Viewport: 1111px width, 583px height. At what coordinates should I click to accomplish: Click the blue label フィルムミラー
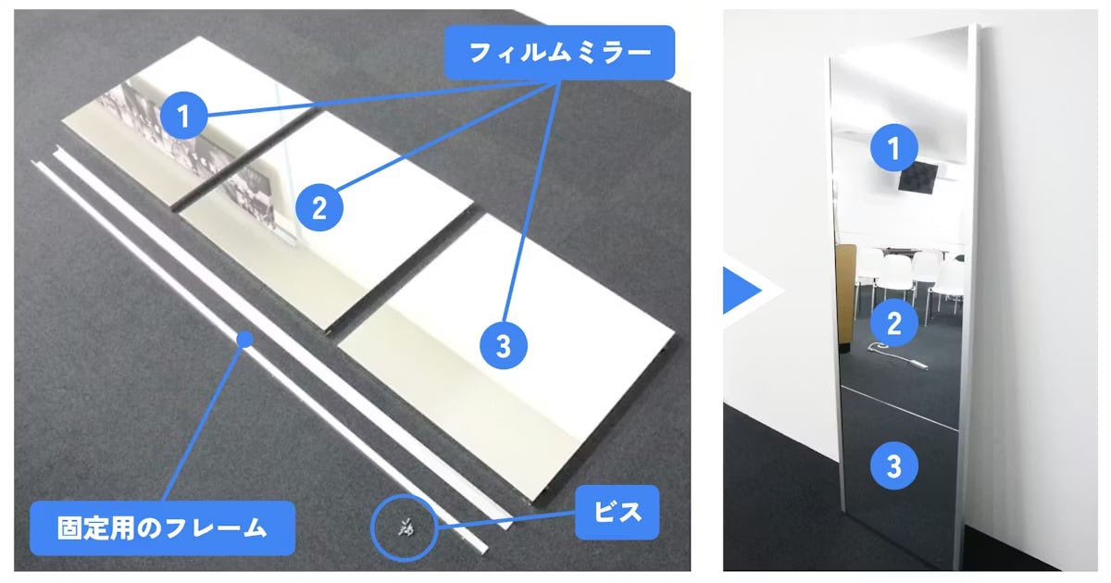(560, 51)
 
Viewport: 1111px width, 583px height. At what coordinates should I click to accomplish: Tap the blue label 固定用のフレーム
(162, 528)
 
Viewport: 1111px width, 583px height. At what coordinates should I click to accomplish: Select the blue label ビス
(618, 512)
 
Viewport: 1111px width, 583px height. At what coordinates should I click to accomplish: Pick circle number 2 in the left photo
(319, 207)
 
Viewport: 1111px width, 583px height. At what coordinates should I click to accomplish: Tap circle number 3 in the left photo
(504, 347)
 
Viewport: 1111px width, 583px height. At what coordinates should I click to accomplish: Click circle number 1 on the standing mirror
(893, 148)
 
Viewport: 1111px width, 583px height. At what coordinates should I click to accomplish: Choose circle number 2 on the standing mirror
(893, 323)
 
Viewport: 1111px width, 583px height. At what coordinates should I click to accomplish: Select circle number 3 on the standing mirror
(893, 465)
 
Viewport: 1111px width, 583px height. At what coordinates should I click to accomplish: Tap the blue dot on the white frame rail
(244, 340)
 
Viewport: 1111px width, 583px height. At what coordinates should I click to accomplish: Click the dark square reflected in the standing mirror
(919, 175)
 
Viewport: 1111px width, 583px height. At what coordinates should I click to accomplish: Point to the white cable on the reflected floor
(889, 353)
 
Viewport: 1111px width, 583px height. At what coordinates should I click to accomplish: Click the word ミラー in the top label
(606, 51)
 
